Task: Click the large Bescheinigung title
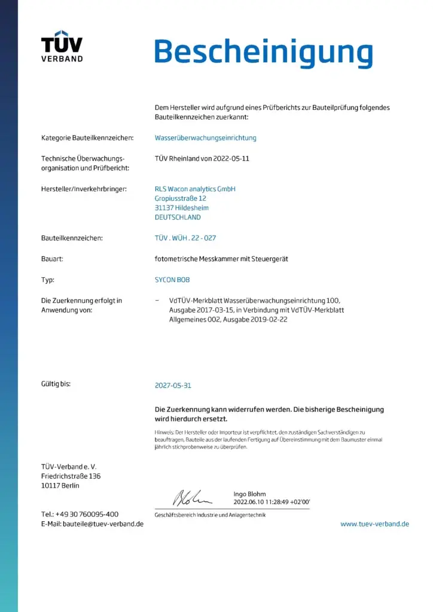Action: (x=263, y=53)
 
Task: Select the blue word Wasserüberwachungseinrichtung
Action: (x=205, y=137)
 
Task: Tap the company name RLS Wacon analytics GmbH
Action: (x=195, y=189)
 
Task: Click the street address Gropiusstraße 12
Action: (x=181, y=198)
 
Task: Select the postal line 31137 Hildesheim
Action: (x=182, y=208)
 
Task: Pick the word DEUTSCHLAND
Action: (x=178, y=218)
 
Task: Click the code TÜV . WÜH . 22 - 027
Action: (x=185, y=238)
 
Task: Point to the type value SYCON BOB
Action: (x=172, y=280)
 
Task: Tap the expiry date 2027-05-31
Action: (x=173, y=385)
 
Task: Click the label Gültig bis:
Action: (x=56, y=384)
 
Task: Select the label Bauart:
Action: (x=53, y=259)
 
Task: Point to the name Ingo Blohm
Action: (x=249, y=494)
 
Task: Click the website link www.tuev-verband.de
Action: (x=374, y=524)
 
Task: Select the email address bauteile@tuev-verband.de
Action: (x=103, y=524)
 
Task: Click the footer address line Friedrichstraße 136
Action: (x=71, y=476)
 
